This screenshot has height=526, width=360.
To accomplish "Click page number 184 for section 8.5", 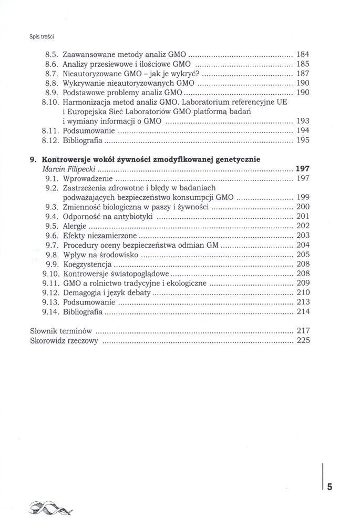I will [303, 54].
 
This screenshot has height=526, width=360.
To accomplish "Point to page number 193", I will [303, 120].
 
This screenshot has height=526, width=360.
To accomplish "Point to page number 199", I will [303, 198].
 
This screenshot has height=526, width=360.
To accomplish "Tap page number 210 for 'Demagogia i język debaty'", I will [303, 292].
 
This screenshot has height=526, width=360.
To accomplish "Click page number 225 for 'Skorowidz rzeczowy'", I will [303, 341].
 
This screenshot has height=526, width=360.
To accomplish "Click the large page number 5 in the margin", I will [330, 487].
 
